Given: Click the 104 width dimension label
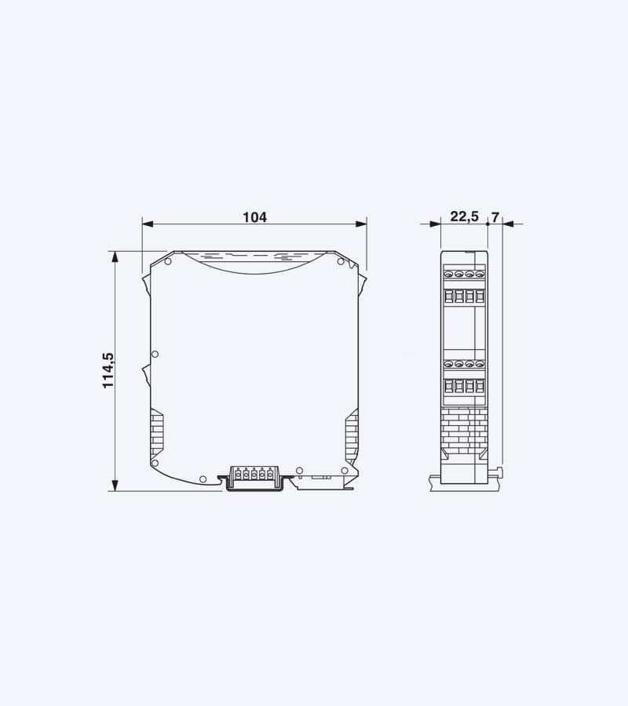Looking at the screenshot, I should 254,217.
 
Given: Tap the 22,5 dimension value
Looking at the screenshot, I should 464,217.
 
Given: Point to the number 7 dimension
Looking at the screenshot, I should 495,217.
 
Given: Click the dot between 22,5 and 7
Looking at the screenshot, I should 487,224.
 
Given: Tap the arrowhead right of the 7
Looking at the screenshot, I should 507,224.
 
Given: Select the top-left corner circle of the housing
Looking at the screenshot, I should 167,262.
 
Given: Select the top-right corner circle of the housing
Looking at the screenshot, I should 341,262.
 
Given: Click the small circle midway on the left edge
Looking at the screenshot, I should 155,355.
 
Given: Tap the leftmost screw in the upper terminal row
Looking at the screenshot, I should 449,275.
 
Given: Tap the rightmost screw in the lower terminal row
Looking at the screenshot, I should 479,365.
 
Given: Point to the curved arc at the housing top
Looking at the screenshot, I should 254,267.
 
